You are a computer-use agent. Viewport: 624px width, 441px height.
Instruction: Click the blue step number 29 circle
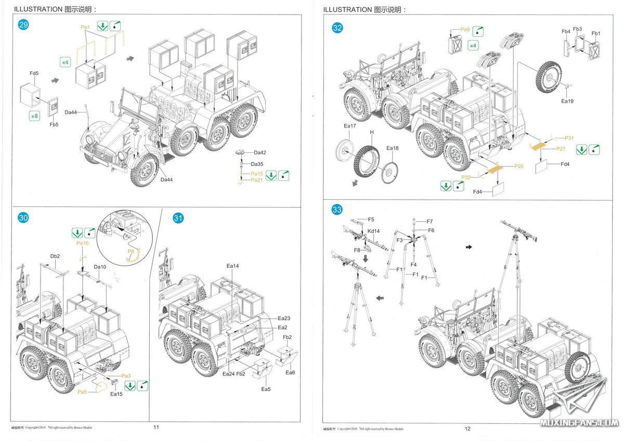pyautogui.click(x=23, y=25)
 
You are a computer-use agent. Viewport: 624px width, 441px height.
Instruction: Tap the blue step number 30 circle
pyautogui.click(x=23, y=218)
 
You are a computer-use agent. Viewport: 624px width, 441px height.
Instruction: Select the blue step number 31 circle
pyautogui.click(x=178, y=218)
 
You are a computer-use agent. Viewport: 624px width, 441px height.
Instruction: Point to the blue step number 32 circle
pyautogui.click(x=337, y=28)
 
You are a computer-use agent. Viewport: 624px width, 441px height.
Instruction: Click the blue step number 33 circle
pyautogui.click(x=337, y=210)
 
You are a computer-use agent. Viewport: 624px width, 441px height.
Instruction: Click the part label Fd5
pyautogui.click(x=34, y=74)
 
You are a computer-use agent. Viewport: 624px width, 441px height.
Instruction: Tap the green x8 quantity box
pyautogui.click(x=34, y=116)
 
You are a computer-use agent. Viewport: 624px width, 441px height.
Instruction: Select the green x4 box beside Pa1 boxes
pyautogui.click(x=65, y=62)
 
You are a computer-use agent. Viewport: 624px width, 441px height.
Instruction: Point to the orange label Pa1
pyautogui.click(x=86, y=27)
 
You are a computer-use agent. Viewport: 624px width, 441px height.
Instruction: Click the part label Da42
pyautogui.click(x=260, y=153)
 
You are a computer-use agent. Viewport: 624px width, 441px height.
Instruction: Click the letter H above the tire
pyautogui.click(x=372, y=133)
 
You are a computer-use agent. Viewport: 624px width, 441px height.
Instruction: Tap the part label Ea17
pyautogui.click(x=350, y=126)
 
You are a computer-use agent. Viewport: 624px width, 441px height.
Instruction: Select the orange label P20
pyautogui.click(x=519, y=166)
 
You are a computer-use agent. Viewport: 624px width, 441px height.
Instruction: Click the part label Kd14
pyautogui.click(x=373, y=231)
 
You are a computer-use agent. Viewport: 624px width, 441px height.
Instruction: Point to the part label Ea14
pyautogui.click(x=232, y=266)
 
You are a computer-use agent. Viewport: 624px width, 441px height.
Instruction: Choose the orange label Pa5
pyautogui.click(x=82, y=391)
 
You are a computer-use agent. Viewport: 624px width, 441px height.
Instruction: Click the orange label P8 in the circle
pyautogui.click(x=131, y=251)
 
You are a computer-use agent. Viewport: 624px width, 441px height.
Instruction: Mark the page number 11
pyautogui.click(x=156, y=427)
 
